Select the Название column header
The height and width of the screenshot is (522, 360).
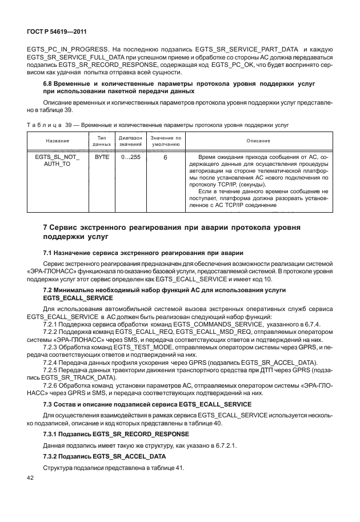58,141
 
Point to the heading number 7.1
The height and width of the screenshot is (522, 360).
49,253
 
